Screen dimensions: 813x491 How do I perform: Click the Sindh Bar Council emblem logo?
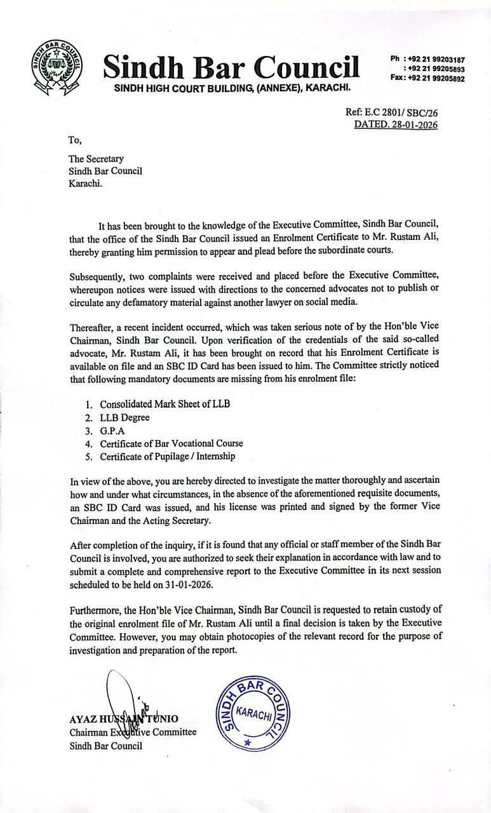coord(53,66)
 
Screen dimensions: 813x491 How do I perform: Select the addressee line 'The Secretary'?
coord(96,159)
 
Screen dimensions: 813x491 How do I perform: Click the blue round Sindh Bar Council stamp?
coord(249,708)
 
